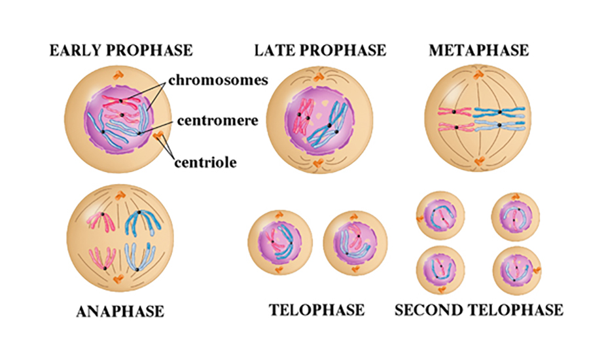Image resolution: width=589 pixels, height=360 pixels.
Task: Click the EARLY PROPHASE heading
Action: click(x=121, y=50)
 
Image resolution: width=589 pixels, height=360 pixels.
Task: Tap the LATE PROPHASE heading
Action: click(x=320, y=50)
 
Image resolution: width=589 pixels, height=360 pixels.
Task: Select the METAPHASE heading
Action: click(x=478, y=50)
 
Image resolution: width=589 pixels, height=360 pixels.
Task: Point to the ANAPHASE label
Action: click(x=120, y=311)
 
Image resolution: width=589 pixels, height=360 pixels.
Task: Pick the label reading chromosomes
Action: click(x=218, y=81)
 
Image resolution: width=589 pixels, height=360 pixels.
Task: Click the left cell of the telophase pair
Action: click(x=280, y=240)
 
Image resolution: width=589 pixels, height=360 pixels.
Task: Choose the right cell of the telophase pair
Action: click(x=354, y=240)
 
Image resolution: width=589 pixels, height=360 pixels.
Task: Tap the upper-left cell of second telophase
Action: click(x=440, y=215)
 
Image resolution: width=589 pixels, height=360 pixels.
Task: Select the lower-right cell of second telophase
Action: click(x=516, y=270)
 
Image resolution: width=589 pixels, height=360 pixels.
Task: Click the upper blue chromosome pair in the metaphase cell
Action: click(x=501, y=111)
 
